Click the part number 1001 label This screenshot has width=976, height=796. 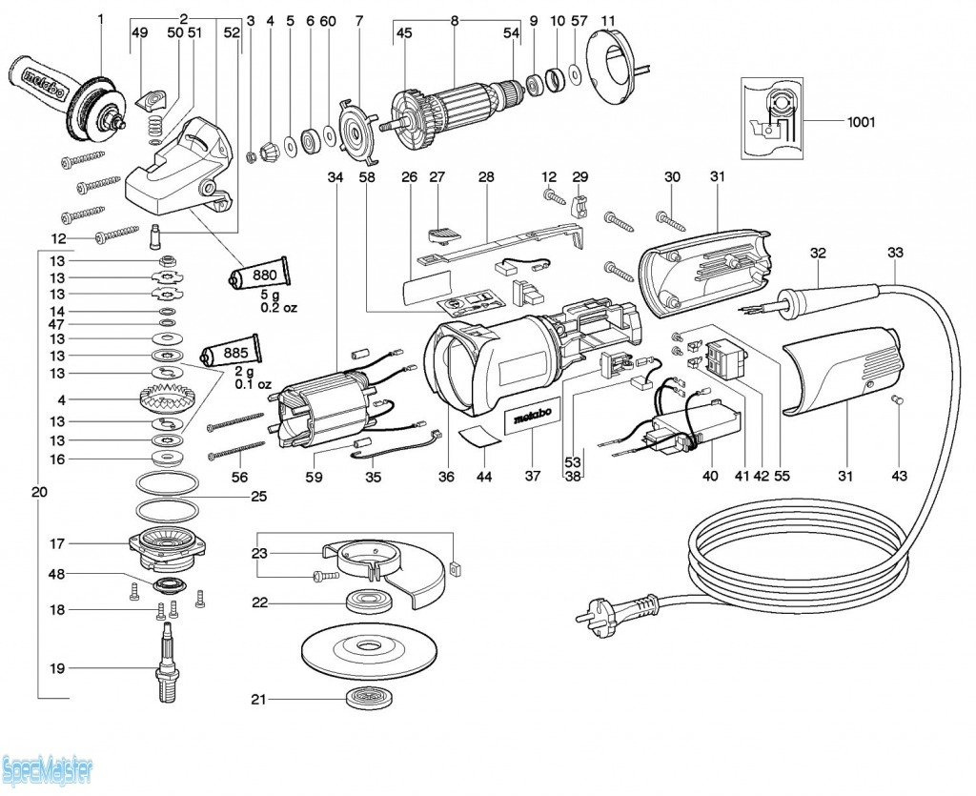[x=861, y=122]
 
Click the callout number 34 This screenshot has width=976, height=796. [x=335, y=177]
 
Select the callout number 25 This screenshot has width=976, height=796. [x=259, y=497]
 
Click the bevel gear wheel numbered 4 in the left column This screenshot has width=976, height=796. [x=167, y=398]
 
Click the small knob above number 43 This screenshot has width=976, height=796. [x=897, y=401]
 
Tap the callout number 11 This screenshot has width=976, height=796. [x=609, y=19]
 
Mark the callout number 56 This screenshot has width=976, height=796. [x=239, y=477]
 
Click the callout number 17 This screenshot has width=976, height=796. [x=57, y=544]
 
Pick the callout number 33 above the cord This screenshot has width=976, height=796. [x=894, y=253]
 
